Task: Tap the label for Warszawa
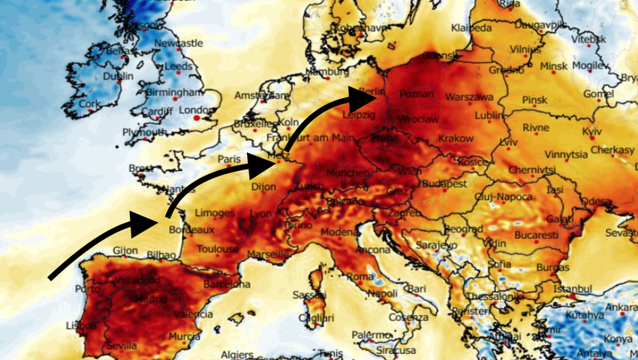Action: coord(469,97)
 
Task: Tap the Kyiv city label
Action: coord(592,131)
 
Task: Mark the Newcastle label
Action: coord(179,43)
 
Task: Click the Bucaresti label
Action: coord(537,235)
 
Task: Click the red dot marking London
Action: coord(197,117)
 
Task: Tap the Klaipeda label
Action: coord(471,28)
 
